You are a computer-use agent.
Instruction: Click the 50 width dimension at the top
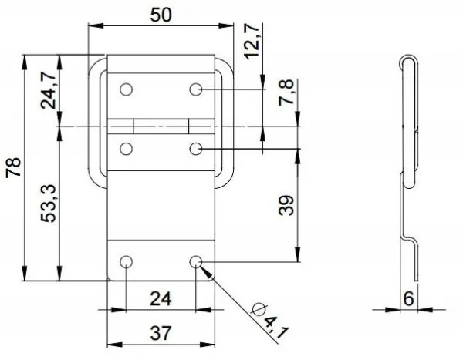pyautogui.click(x=161, y=15)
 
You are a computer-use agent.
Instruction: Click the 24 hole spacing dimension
pyautogui.click(x=161, y=297)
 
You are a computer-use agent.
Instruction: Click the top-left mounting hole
pyautogui.click(x=127, y=89)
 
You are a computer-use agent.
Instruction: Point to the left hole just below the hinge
pyautogui.click(x=127, y=147)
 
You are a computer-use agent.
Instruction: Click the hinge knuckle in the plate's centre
pyautogui.click(x=161, y=125)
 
